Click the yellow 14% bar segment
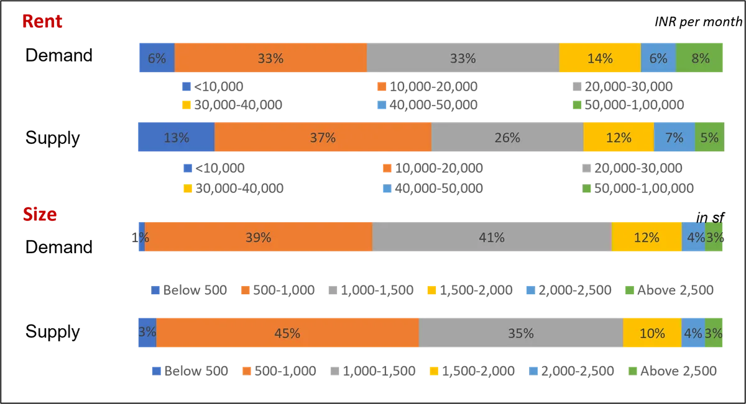tap(600, 58)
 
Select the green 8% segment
tap(701, 58)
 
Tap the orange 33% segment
tap(270, 58)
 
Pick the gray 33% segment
tap(463, 58)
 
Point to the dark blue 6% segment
tap(156, 58)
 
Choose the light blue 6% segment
tap(658, 58)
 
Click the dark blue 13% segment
tap(176, 138)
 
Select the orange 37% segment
tap(323, 138)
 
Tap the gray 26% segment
tap(507, 138)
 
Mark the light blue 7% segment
tap(674, 138)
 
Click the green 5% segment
tap(710, 138)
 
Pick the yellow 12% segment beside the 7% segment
tap(619, 138)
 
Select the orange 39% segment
tap(258, 237)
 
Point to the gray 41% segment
tap(492, 237)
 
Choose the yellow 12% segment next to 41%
tap(647, 237)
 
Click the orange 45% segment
tap(287, 333)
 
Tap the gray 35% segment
tap(521, 333)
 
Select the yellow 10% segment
tap(652, 333)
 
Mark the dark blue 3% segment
tap(146, 333)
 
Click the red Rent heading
tap(42, 22)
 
